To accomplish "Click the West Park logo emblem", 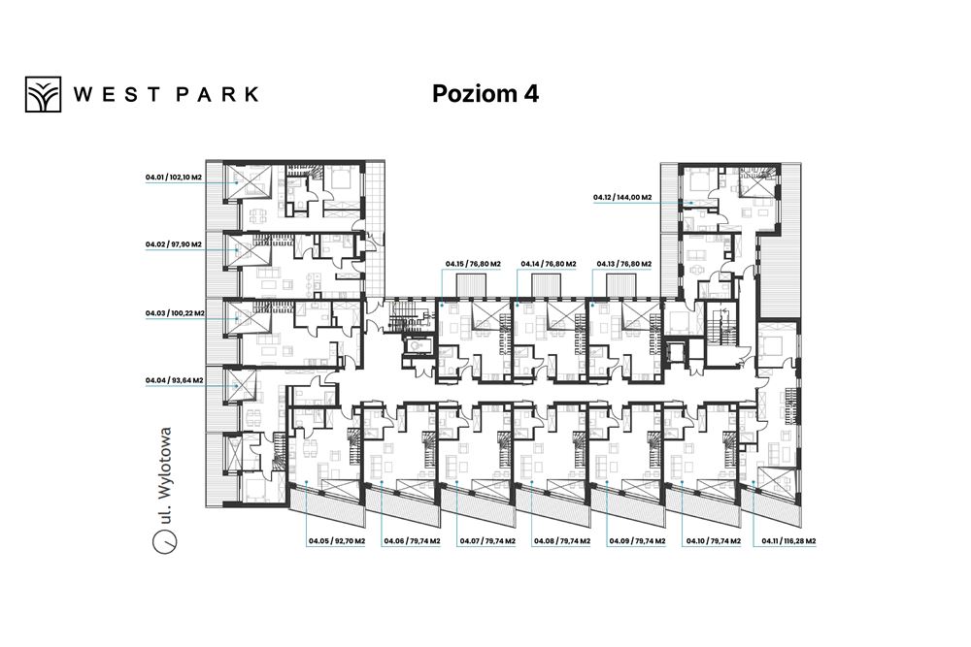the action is (43, 94).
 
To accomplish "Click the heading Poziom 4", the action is (485, 93).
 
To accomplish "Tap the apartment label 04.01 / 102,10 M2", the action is (174, 178).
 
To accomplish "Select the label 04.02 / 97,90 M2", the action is (174, 244).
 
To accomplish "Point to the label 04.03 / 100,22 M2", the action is (175, 313).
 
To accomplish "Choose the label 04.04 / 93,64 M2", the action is (174, 380).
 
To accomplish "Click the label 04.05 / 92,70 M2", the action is (337, 541).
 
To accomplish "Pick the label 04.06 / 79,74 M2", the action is (412, 541).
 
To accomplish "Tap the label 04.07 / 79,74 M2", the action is (487, 541).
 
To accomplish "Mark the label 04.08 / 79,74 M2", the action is (562, 541).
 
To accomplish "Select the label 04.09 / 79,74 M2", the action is (637, 541).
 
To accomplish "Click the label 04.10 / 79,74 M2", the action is (714, 541).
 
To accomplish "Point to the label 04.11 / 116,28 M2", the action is (788, 541).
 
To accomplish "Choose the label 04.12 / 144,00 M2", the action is (622, 198).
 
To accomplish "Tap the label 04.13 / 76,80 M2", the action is (624, 264).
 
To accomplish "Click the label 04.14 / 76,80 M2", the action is (548, 264).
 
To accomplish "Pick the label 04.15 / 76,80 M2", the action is (473, 264).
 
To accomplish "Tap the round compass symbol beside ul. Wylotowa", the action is (165, 541).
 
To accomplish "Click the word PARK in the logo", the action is (218, 94).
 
